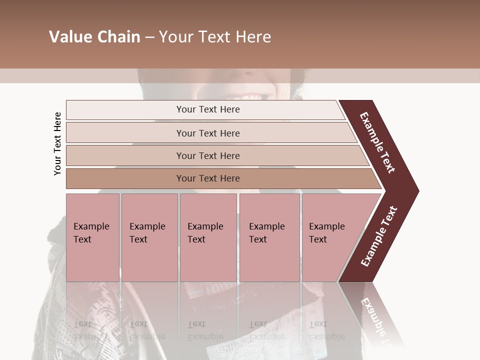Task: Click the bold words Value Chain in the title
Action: [x=94, y=37]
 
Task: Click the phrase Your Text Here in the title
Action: [x=215, y=37]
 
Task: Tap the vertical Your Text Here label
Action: [x=57, y=143]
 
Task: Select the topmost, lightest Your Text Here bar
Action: [x=208, y=109]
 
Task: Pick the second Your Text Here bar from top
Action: [x=208, y=133]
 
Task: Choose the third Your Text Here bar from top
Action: [x=208, y=155]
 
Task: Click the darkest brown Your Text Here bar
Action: [x=208, y=178]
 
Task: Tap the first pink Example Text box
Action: [x=92, y=237]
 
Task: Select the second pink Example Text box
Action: [x=149, y=237]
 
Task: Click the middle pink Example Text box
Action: [x=208, y=237]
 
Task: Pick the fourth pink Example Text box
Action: [x=269, y=237]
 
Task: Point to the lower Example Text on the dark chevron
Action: [x=379, y=236]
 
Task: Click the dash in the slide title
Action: [x=149, y=37]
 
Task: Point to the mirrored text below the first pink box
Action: [x=90, y=330]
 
